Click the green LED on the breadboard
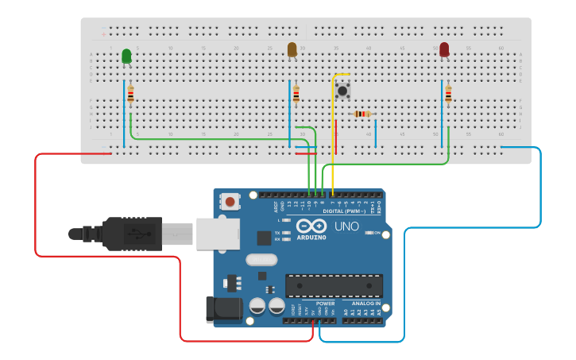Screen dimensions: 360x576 pos(126,56)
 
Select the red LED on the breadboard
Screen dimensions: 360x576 pos(444,49)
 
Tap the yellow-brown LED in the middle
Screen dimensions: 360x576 pos(292,49)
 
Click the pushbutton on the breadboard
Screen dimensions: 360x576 pos(342,90)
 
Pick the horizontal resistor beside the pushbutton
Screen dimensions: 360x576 pos(361,114)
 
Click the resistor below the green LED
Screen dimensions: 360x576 pos(130,95)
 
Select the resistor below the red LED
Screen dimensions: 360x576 pos(448,95)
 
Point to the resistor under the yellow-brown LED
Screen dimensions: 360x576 pos(296,95)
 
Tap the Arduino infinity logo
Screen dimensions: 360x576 pos(311,226)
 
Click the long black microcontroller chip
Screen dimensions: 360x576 pos(334,285)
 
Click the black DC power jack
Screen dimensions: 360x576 pos(223,310)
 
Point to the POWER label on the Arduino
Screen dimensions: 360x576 pos(325,303)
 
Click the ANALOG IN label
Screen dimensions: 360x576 pos(366,303)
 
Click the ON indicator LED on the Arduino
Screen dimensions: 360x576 pos(369,233)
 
